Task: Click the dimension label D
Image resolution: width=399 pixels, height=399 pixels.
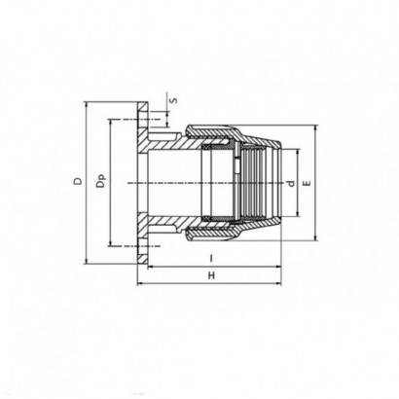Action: [x=78, y=181]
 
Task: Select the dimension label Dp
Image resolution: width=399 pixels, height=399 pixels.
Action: [x=101, y=182]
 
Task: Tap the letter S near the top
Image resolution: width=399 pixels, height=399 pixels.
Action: [x=174, y=99]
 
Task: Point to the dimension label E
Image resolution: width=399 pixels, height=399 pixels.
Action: [x=307, y=183]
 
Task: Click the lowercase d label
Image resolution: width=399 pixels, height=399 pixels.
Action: [x=292, y=183]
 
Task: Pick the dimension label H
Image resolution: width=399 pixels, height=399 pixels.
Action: [x=211, y=275]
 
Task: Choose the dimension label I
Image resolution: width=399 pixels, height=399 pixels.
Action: [x=211, y=259]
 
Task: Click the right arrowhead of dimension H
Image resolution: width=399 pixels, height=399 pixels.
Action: [x=278, y=284]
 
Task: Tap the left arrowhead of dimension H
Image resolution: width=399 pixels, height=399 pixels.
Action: [x=140, y=284]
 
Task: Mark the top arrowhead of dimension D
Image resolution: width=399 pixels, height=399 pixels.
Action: [x=87, y=105]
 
